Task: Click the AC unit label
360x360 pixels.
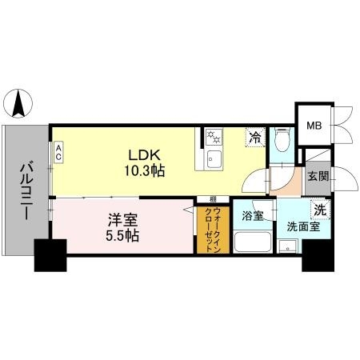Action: click(58, 152)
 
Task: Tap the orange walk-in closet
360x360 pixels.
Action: click(211, 230)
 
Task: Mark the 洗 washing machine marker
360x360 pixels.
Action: click(319, 210)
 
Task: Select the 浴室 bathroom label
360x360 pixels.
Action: click(253, 215)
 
